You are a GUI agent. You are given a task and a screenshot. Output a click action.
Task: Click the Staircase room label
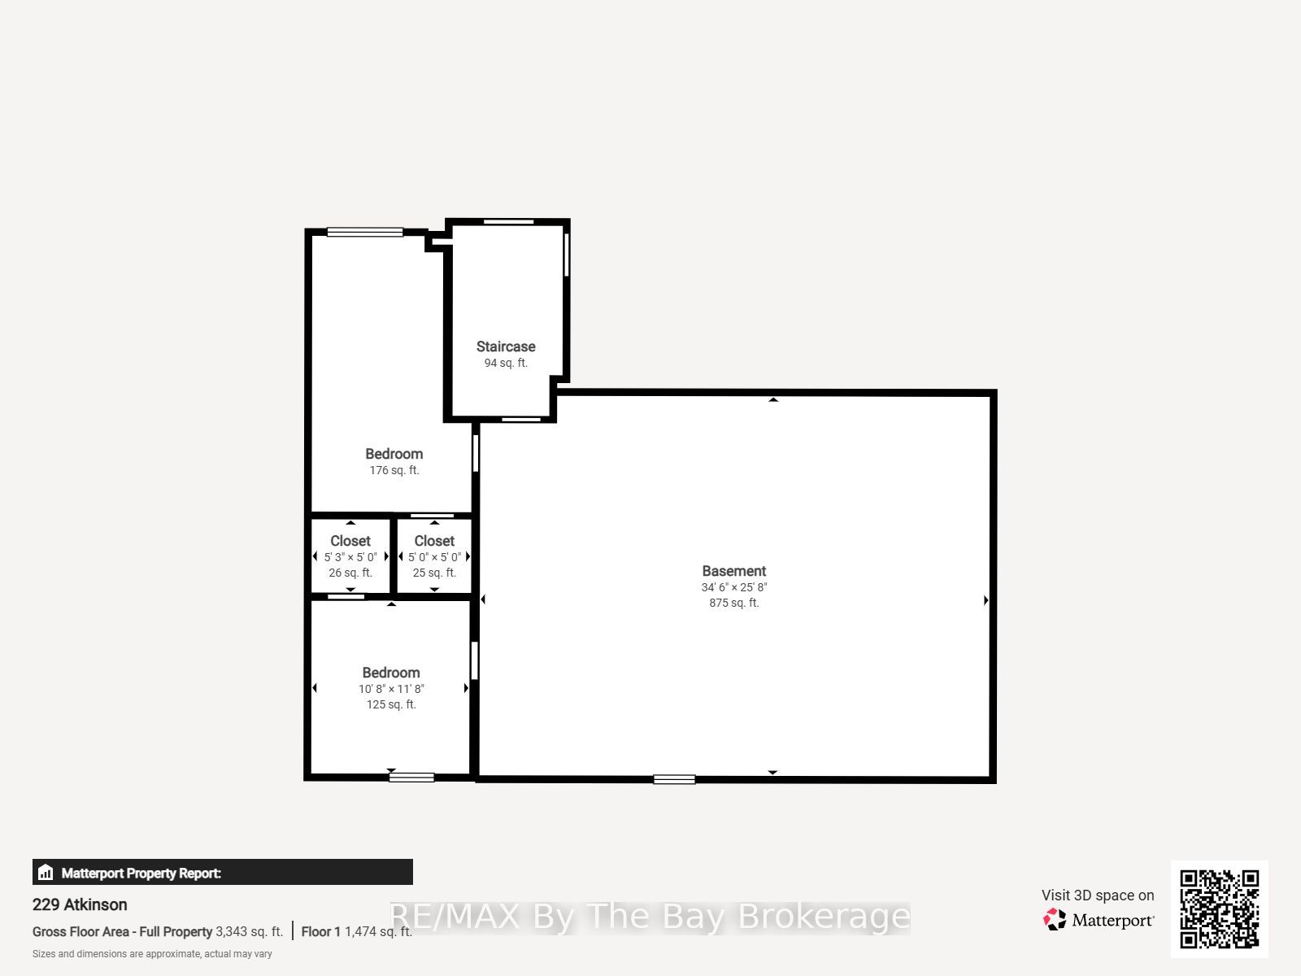[x=506, y=346]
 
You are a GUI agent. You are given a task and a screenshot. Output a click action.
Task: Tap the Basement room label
[x=733, y=571]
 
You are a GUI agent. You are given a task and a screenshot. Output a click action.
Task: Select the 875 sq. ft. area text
[x=733, y=603]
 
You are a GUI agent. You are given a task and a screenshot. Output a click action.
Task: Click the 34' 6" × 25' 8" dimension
[x=733, y=587]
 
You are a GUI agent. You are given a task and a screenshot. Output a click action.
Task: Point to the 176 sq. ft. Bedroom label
[x=394, y=454]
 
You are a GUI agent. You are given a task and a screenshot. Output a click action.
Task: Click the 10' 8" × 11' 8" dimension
[x=391, y=689]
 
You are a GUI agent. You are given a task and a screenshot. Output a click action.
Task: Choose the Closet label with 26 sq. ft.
[x=350, y=541]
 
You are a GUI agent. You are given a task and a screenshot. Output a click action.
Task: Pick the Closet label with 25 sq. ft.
[x=434, y=541]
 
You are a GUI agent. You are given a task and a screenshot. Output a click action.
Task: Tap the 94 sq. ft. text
[x=506, y=363]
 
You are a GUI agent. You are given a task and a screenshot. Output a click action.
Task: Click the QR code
[x=1219, y=909]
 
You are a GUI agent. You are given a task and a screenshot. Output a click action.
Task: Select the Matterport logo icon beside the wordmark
[x=1055, y=919]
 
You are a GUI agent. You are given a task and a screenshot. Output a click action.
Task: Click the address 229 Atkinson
[x=80, y=904]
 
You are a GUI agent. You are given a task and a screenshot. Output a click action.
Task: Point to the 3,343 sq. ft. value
[x=249, y=931]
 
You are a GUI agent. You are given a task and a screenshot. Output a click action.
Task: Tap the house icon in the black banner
[x=46, y=872]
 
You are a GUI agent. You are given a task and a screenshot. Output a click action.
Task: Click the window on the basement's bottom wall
[x=674, y=779]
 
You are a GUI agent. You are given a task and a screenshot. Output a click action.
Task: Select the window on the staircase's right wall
[x=567, y=255]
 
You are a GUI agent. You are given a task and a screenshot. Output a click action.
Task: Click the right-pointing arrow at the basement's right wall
[x=986, y=600]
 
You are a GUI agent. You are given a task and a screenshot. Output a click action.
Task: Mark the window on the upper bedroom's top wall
[x=365, y=233]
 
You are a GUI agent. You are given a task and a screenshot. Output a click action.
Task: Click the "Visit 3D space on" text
[x=1098, y=895]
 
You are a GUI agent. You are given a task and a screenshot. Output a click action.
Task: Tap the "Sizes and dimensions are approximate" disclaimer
[x=152, y=954]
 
